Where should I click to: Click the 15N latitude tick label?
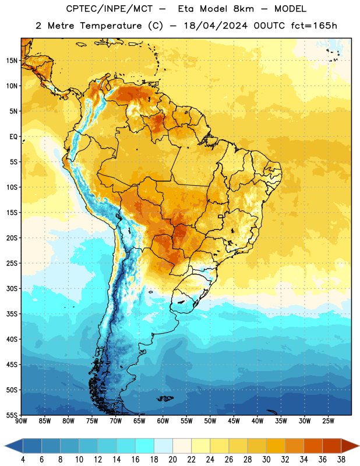tap(12, 61)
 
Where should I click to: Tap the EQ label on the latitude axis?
tap(13, 137)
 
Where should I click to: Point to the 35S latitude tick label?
tap(12, 314)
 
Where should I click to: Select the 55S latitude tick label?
tap(12, 415)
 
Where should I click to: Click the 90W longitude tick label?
tap(21, 421)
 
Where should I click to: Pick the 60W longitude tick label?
tap(163, 421)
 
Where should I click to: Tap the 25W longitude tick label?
tap(328, 421)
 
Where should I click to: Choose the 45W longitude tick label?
tap(234, 421)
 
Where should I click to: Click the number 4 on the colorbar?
tap(23, 460)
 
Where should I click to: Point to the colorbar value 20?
tap(172, 460)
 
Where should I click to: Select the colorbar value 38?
tap(341, 460)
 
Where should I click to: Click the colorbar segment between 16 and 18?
tap(145, 446)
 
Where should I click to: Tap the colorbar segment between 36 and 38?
tap(332, 446)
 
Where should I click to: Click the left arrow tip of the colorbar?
tap(5, 446)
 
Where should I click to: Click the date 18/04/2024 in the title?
tap(216, 26)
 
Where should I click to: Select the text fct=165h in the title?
tap(314, 26)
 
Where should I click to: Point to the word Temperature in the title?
tap(111, 26)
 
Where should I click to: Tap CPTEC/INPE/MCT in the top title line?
tap(109, 9)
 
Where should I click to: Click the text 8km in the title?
tap(243, 9)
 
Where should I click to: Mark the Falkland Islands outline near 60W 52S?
tap(165, 398)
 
